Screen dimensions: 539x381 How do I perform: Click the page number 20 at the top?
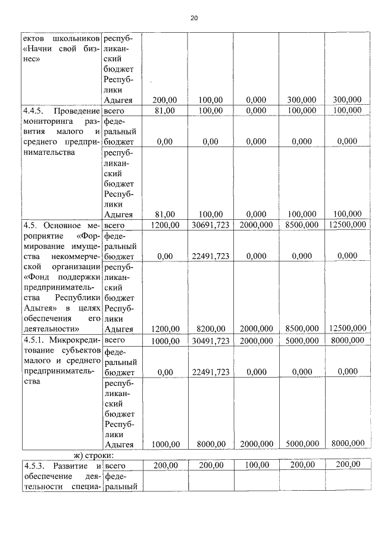193,18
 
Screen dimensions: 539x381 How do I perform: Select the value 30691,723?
211,226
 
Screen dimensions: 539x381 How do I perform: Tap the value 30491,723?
211,340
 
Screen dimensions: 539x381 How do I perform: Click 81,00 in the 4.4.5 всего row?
164,111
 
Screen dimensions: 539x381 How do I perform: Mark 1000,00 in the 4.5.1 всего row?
164,340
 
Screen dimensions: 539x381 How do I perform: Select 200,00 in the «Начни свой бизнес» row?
164,99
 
